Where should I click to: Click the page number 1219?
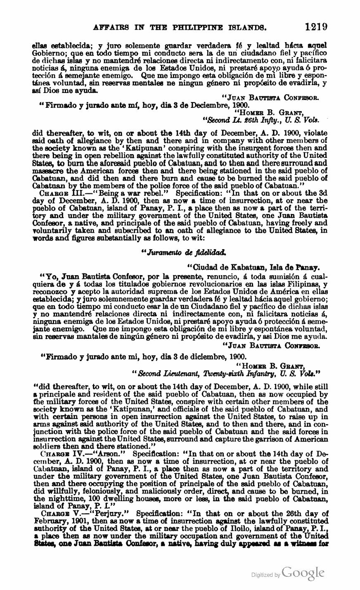(x=316, y=27)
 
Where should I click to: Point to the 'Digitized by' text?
(x=266, y=575)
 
